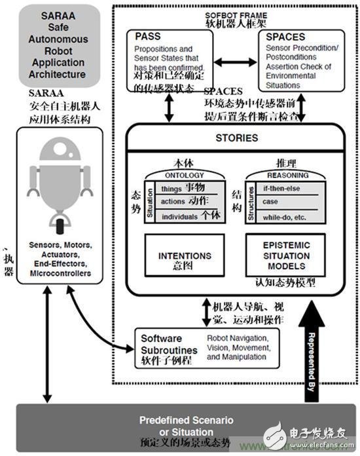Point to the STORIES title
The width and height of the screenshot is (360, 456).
[236, 138]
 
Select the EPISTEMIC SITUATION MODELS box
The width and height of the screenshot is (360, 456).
[287, 257]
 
